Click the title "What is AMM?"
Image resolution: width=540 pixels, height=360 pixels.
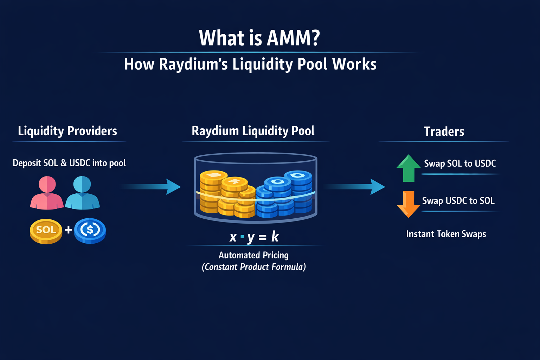point(259,38)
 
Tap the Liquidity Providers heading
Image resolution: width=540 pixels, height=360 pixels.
point(67,131)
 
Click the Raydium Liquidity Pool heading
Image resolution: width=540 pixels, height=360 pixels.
point(253,131)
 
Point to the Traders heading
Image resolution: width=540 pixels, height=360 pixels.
point(444,131)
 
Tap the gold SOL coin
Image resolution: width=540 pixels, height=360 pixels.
point(46,231)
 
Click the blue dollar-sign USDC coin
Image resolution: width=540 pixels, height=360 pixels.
point(90,231)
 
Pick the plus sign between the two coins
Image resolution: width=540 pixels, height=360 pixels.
point(68,230)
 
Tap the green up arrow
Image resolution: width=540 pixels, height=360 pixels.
point(409,168)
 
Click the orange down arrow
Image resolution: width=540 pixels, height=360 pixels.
point(409,204)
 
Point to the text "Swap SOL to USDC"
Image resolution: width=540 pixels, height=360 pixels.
point(460,163)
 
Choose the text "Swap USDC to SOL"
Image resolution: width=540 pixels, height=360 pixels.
point(458,201)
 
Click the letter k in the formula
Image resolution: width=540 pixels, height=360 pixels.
point(275,237)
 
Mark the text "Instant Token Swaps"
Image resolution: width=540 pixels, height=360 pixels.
point(446,234)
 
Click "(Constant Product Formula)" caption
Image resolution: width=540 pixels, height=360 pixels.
point(253,267)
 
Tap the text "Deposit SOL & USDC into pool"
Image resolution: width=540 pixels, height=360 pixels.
point(69,163)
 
